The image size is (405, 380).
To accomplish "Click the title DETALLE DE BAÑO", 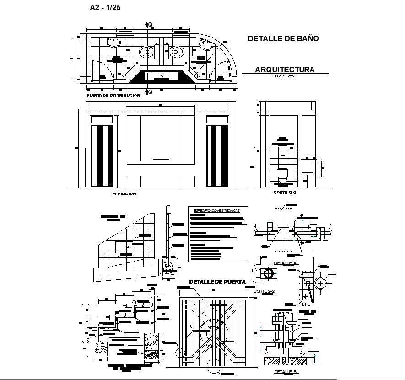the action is pos(283,39).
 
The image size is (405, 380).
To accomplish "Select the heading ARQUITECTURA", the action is pos(285,70).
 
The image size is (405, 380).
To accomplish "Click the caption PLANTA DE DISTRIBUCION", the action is pos(113,95).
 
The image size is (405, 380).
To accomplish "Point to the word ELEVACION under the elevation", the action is pos(124,194).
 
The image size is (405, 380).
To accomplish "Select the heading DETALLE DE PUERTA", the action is pos(217,282).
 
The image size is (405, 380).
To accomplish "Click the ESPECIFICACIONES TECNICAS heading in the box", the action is pos(217,210).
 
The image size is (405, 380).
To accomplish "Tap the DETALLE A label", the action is pos(286,263).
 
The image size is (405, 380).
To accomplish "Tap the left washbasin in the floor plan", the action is pos(113,43).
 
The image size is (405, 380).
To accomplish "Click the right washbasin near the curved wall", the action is pos(206,44).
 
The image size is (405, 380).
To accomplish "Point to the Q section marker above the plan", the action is pos(149,25).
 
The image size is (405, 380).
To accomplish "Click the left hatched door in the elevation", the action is pos(101,155).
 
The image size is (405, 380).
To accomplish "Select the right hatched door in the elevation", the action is pos(217,155).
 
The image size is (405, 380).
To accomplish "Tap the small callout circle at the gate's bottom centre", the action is pos(213,364).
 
